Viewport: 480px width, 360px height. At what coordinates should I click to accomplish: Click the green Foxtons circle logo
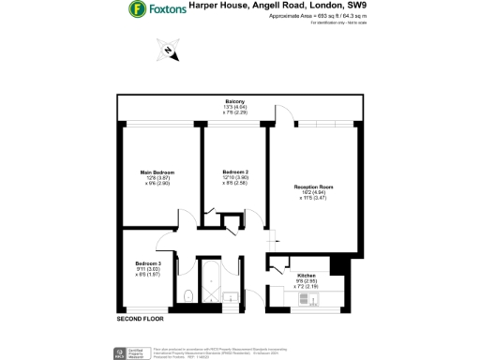[x=137, y=11]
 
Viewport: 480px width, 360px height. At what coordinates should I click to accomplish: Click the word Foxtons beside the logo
[x=166, y=11]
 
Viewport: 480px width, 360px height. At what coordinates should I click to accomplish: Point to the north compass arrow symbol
[x=169, y=51]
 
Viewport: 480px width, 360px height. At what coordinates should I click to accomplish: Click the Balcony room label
[x=234, y=100]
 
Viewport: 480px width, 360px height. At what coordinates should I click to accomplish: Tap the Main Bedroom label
[x=157, y=172]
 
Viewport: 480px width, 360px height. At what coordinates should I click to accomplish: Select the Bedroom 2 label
[x=235, y=172]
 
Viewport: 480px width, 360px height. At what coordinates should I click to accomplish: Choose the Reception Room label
[x=313, y=187]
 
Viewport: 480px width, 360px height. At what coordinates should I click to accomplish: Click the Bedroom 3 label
[x=148, y=263]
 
